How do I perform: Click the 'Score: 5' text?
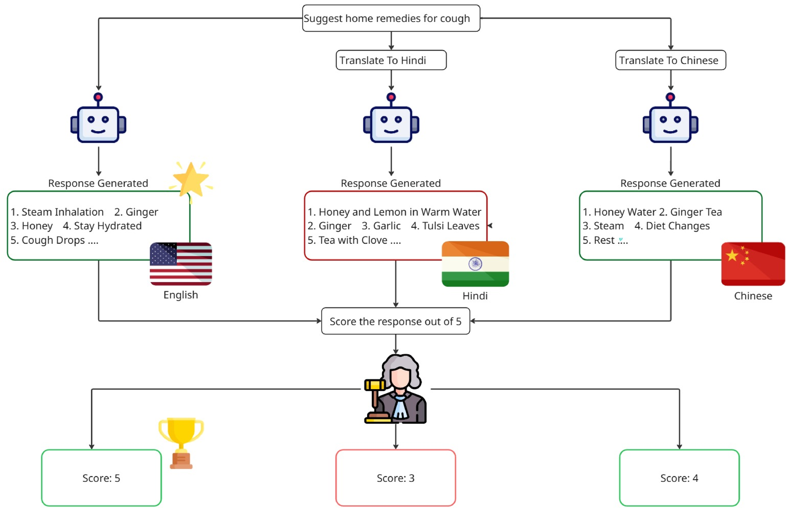tap(101, 478)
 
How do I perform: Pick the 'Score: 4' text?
tap(679, 478)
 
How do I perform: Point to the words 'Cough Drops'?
tap(53, 240)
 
